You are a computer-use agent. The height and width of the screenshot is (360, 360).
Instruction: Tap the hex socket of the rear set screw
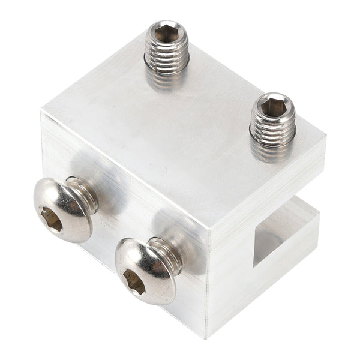tap(166, 32)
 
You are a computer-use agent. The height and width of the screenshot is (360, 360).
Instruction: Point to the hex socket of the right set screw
tap(274, 106)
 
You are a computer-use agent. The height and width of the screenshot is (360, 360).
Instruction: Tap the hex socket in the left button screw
tap(52, 220)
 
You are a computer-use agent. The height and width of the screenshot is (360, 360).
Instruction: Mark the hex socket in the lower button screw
tap(133, 281)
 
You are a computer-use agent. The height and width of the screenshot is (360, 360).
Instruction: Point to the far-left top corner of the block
tap(42, 110)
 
